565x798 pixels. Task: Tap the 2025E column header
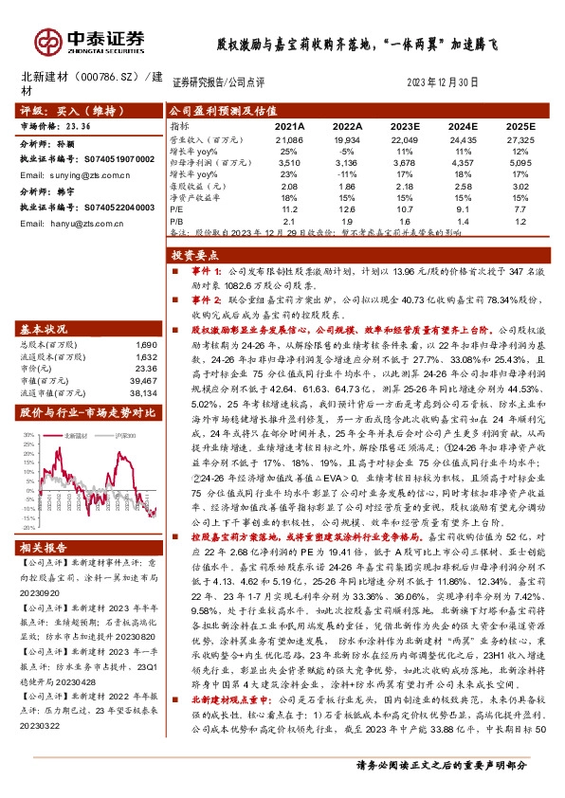coord(519,125)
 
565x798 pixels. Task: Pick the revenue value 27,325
coord(519,138)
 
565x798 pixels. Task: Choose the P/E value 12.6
coord(347,209)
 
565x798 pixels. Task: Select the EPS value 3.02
coord(519,186)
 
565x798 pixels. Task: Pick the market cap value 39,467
coord(140,379)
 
